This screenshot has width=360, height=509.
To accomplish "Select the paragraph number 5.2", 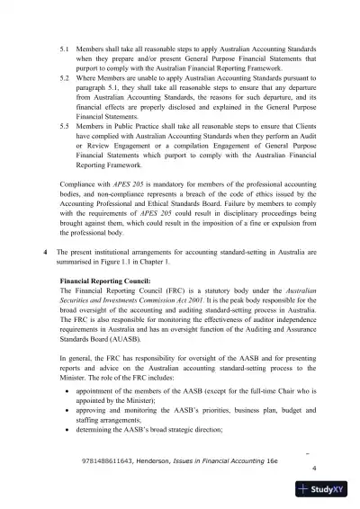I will point(64,79).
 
